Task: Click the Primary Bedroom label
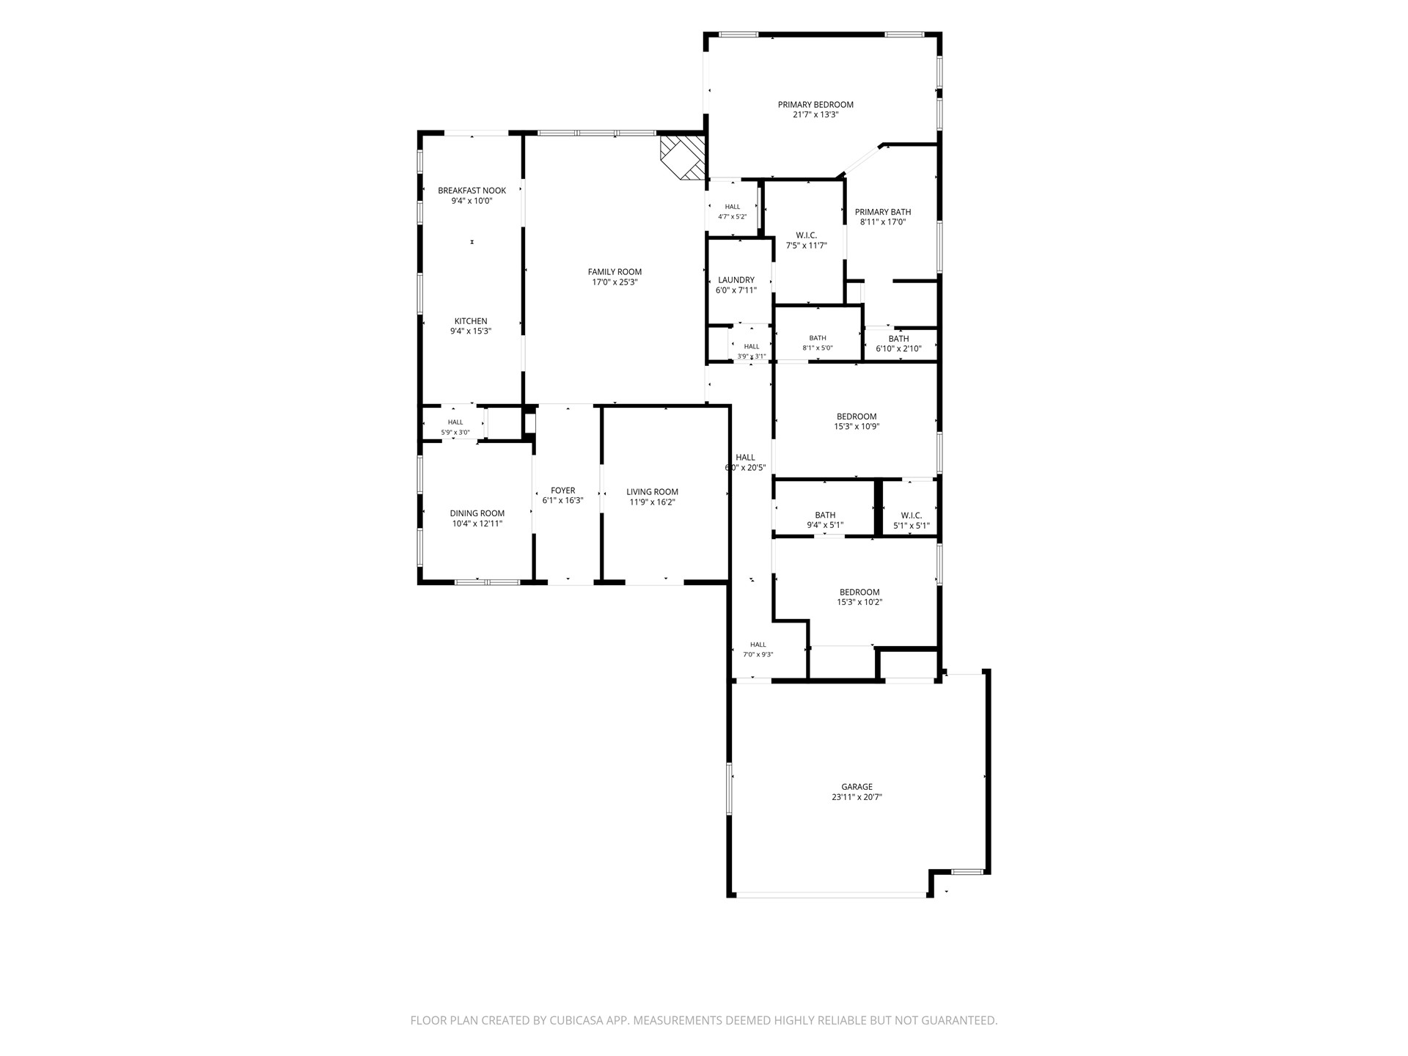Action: tap(815, 105)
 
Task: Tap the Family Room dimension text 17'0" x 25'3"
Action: tap(615, 282)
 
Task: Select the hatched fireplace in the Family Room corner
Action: tap(683, 157)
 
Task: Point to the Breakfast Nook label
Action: tap(472, 191)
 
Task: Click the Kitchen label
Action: tap(471, 321)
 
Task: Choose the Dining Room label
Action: tap(477, 513)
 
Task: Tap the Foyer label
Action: tap(563, 491)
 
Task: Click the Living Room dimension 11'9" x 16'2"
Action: tap(652, 502)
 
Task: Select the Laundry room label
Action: tap(736, 280)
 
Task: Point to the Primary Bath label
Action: tap(883, 212)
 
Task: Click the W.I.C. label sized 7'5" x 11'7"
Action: tap(807, 235)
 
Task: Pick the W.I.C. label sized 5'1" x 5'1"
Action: tap(912, 516)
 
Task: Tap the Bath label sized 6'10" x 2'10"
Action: tap(898, 339)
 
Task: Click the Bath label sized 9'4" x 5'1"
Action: tap(825, 516)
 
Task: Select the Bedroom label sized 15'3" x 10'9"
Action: tap(857, 417)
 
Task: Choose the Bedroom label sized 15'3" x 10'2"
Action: tap(859, 593)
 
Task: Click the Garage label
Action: tap(857, 787)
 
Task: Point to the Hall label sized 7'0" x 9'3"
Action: tap(758, 645)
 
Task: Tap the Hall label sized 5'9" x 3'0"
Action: tap(455, 422)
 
